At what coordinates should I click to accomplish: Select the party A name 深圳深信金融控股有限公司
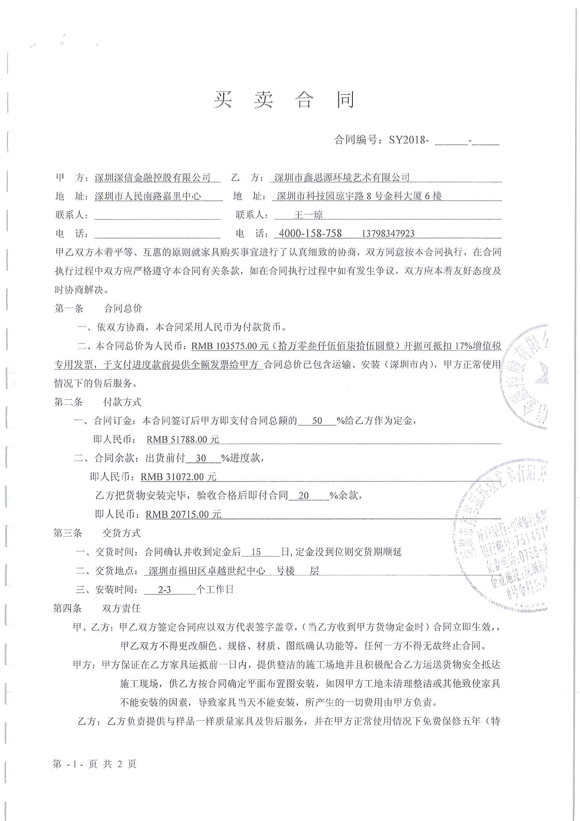coord(153,178)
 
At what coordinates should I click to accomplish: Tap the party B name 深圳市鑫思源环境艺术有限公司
coord(342,178)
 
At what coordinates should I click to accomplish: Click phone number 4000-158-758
coord(310,234)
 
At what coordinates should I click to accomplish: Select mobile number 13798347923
coord(388,234)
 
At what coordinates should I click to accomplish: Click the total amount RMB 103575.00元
coord(229,346)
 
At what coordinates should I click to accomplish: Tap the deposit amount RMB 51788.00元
coord(183,439)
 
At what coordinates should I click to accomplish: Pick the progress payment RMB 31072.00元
coord(178,477)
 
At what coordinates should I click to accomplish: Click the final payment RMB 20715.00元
coord(183,514)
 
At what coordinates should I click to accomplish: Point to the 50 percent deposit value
coord(317,421)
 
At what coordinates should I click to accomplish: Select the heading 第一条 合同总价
coord(98,308)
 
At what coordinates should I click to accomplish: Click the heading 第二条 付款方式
coord(97,402)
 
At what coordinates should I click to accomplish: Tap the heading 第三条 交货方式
coord(97,533)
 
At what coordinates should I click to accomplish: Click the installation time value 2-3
coord(164,589)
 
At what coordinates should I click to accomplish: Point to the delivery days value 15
coord(256,552)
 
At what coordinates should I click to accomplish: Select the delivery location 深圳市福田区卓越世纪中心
coord(207,571)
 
